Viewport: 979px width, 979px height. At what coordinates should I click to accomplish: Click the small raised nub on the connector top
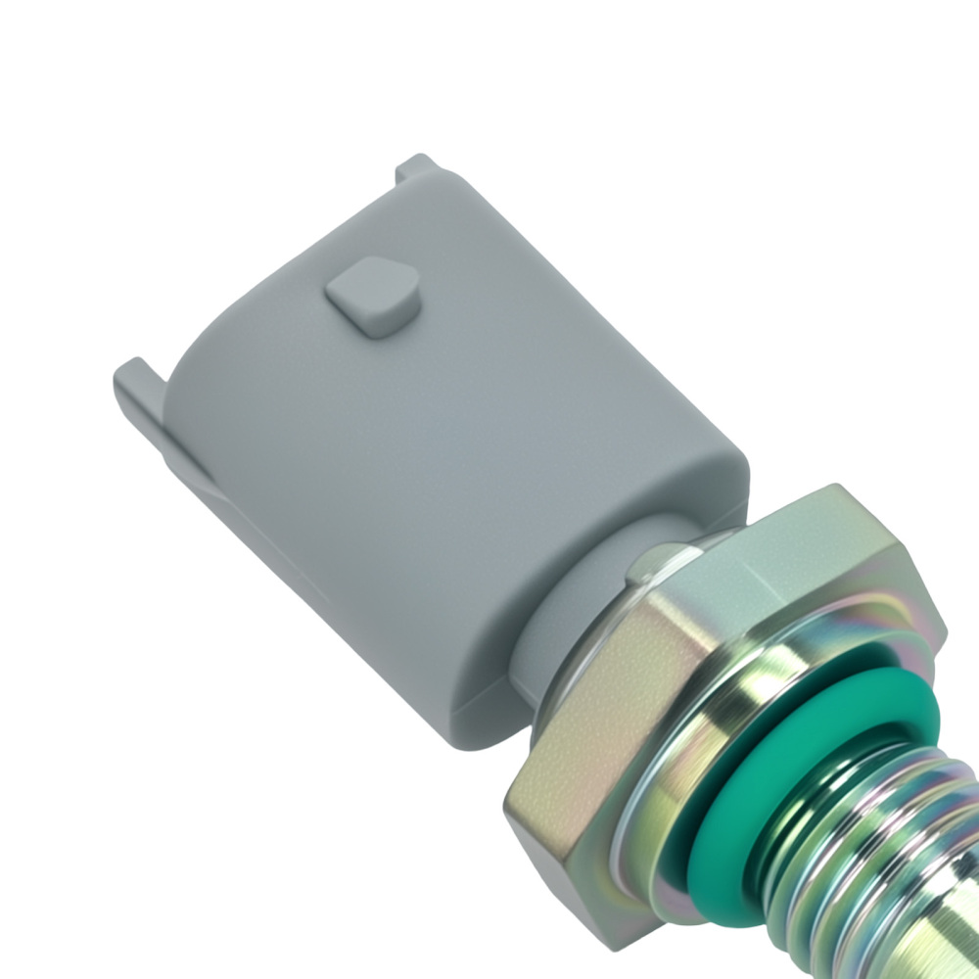pos(372,297)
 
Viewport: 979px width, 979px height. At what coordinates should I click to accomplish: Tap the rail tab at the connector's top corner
pos(416,168)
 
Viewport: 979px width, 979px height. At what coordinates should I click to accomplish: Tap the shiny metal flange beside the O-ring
pos(783,685)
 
